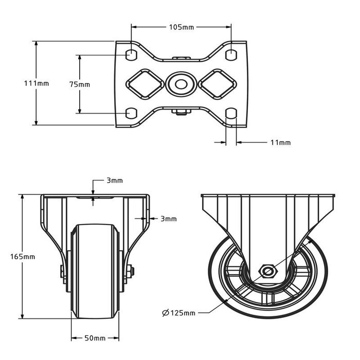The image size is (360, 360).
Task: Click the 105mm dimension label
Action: (181, 27)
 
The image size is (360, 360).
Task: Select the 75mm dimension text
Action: (79, 84)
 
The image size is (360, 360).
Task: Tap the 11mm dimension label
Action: (280, 142)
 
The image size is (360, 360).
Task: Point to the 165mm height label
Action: (23, 256)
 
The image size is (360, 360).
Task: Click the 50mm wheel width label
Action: (95, 338)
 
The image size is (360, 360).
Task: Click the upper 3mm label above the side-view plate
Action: (114, 181)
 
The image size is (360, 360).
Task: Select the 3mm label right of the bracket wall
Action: (168, 219)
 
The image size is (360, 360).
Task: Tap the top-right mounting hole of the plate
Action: (231, 53)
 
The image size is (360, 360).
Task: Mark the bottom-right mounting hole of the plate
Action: (231, 112)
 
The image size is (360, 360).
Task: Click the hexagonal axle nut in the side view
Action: (267, 271)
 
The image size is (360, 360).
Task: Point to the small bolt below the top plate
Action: (181, 112)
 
